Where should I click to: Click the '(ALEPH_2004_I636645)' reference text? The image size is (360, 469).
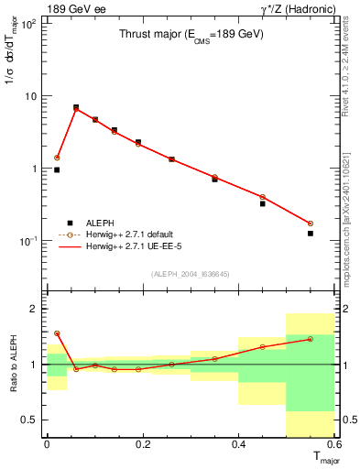point(191,273)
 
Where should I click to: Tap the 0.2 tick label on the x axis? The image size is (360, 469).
point(143,444)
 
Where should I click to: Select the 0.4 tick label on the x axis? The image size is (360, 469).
point(239,444)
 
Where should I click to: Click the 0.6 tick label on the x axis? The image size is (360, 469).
point(333,444)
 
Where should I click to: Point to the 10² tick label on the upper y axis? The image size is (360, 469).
point(29,24)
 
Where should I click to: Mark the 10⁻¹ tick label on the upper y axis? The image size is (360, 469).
point(29,241)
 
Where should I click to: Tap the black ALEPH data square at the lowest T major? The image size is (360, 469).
point(57,169)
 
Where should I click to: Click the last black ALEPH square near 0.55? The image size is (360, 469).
point(311,234)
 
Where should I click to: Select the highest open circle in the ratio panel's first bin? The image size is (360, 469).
point(57,333)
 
